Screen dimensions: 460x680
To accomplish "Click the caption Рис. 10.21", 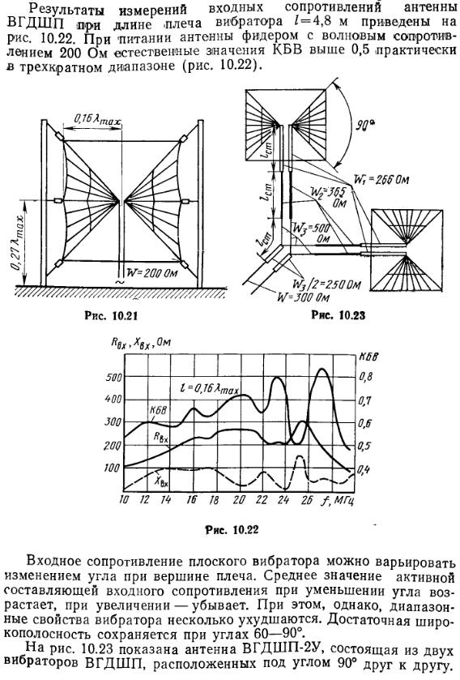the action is click(x=111, y=316).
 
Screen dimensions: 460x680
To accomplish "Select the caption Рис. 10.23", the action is click(x=339, y=314).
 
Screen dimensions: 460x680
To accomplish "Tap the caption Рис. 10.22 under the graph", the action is click(x=232, y=529).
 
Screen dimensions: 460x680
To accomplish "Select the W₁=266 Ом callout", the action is click(x=381, y=178).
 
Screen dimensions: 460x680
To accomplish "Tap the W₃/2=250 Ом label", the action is click(x=326, y=284).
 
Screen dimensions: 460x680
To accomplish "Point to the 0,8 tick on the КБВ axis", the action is click(x=364, y=376).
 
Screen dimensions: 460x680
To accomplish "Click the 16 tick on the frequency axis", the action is click(x=191, y=499).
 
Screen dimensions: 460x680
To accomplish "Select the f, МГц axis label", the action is click(x=339, y=500).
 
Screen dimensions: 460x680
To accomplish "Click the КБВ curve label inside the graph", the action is click(x=159, y=410).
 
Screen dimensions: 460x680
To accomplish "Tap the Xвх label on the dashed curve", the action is click(x=163, y=481).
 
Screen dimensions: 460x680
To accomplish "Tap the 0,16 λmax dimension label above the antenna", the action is click(x=97, y=118).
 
